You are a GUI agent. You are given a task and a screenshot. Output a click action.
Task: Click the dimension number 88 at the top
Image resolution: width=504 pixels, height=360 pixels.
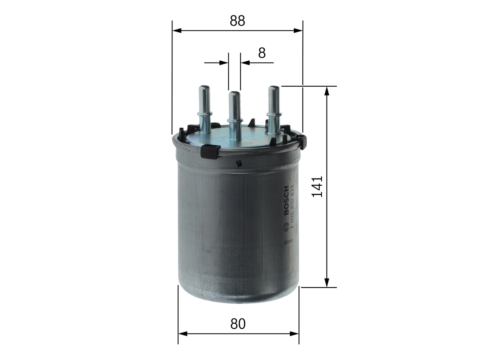coord(237,21)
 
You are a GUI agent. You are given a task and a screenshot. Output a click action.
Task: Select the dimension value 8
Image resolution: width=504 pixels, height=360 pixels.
coord(262,53)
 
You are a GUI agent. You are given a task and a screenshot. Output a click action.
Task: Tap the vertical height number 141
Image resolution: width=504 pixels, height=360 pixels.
coord(317,186)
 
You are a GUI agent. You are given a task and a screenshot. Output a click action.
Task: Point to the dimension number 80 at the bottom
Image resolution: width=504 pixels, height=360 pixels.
coord(238,324)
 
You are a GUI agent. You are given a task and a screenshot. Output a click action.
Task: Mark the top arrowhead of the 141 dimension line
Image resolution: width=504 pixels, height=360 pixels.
coord(326,91)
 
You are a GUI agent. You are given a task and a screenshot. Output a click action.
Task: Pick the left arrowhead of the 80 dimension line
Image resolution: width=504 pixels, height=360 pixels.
coord(182,334)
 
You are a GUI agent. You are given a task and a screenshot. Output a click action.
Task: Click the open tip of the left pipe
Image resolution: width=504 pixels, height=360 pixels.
coord(204,87)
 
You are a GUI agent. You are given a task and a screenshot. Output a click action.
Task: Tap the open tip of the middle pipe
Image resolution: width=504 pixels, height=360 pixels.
coord(235,94)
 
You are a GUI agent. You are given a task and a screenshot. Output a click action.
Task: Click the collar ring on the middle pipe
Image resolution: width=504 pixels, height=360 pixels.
coord(235,121)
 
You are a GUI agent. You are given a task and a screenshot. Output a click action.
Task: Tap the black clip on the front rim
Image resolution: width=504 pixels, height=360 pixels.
coord(210,151)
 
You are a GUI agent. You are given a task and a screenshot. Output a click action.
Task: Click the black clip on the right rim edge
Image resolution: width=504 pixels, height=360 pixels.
coord(302,141)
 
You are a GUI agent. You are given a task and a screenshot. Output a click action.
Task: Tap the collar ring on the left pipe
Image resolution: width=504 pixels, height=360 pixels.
coord(204,114)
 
